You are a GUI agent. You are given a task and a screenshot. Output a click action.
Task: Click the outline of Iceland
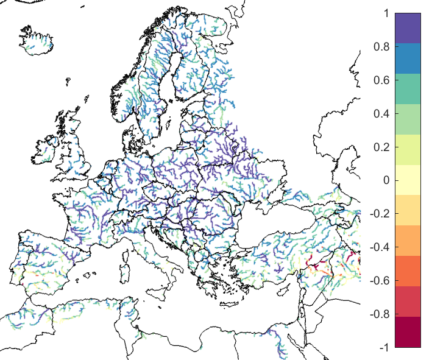click(37, 39)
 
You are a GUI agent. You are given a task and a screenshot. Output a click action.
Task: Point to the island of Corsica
click(129, 244)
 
